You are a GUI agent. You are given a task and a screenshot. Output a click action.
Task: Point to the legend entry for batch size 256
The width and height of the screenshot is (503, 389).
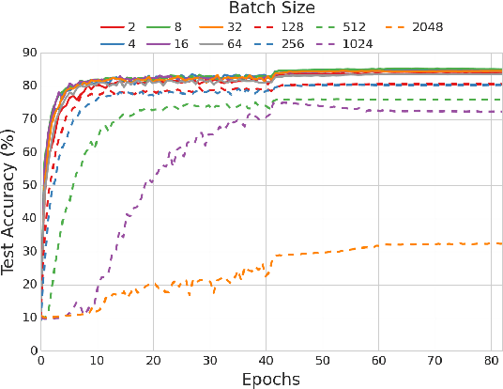pyautogui.click(x=282, y=43)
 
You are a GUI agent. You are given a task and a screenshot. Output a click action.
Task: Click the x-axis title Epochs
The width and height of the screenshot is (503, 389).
pyautogui.click(x=272, y=380)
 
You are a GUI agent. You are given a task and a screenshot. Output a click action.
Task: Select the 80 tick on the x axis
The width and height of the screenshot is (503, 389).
pyautogui.click(x=491, y=361)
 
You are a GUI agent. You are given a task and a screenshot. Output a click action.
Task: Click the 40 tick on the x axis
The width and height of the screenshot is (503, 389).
pyautogui.click(x=266, y=361)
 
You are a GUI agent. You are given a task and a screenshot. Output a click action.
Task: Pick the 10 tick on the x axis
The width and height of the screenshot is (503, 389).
pyautogui.click(x=97, y=361)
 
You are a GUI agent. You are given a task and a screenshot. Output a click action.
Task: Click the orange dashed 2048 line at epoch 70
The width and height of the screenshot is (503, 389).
pyautogui.click(x=434, y=244)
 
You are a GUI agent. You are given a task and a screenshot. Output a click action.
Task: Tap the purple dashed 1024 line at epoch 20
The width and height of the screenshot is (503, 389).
pyautogui.click(x=153, y=179)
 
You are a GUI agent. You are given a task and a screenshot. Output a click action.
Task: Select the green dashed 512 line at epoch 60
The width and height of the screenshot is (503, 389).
pyautogui.click(x=378, y=100)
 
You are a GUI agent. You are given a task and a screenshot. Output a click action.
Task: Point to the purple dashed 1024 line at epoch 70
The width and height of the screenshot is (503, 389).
pyautogui.click(x=434, y=111)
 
